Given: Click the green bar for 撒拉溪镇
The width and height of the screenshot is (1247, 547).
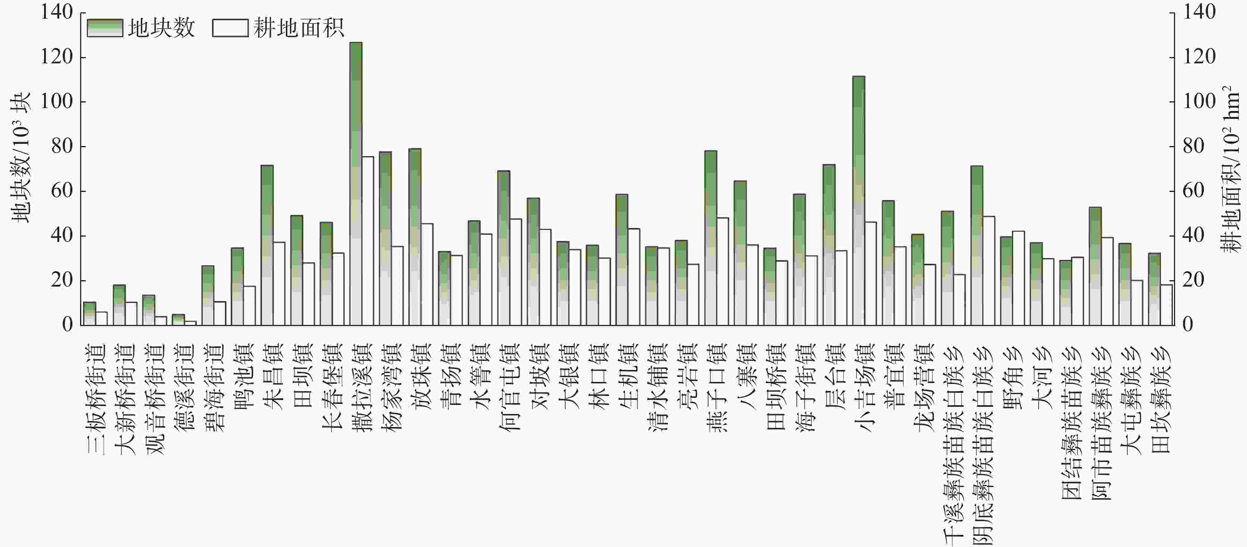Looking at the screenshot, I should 356,184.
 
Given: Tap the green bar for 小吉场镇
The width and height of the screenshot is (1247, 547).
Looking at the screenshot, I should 858,200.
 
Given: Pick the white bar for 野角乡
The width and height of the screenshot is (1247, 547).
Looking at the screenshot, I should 1019,278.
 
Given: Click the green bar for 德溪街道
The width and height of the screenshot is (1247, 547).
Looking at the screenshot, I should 178,319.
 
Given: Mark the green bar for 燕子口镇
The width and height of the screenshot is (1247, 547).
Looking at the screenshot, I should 711,238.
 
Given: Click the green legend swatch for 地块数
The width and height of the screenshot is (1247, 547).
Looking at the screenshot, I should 105,28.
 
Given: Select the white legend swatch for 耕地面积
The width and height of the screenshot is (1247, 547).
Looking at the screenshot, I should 230,28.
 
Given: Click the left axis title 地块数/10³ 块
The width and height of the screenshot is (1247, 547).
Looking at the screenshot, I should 21,157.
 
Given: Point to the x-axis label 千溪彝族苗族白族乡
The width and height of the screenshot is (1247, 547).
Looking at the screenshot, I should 953,445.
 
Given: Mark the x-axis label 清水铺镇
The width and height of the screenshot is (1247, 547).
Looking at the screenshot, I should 657,387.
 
